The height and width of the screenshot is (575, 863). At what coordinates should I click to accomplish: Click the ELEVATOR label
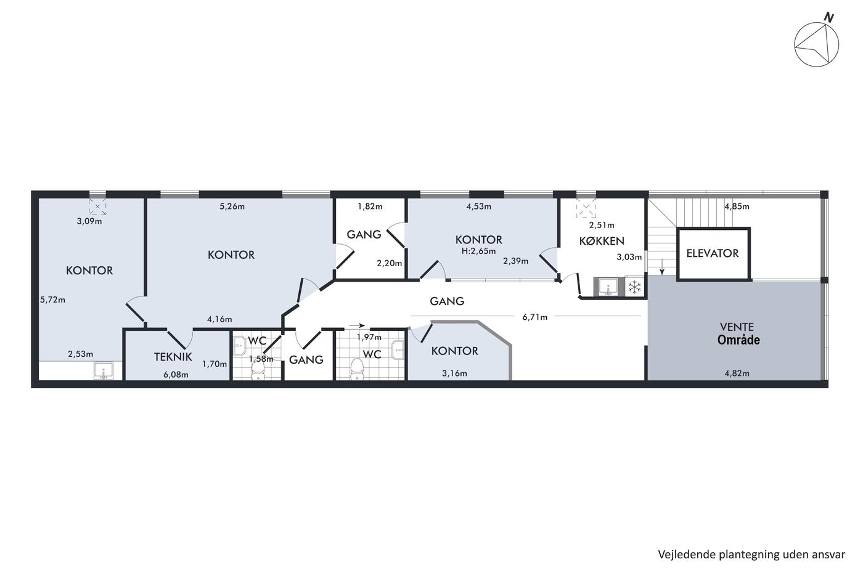pyautogui.click(x=713, y=253)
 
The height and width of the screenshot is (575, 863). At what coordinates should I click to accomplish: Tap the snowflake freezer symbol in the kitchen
pyautogui.click(x=634, y=287)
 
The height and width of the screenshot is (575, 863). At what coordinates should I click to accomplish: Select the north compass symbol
pyautogui.click(x=816, y=44)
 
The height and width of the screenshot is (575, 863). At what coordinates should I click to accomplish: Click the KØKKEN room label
pyautogui.click(x=602, y=241)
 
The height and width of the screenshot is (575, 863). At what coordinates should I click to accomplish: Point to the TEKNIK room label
pyautogui.click(x=173, y=357)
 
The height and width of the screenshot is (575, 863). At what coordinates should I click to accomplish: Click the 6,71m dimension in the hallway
pyautogui.click(x=535, y=317)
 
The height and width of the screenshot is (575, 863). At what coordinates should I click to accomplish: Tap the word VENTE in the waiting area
pyautogui.click(x=737, y=327)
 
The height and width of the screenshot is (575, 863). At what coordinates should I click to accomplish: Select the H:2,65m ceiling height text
pyautogui.click(x=478, y=251)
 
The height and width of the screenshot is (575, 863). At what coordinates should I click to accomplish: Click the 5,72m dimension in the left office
pyautogui.click(x=53, y=300)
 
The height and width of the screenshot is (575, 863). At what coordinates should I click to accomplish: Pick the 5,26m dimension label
pyautogui.click(x=232, y=206)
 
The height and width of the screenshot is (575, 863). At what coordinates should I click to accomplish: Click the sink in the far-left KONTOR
pyautogui.click(x=104, y=371)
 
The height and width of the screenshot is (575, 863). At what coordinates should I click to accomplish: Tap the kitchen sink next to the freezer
pyautogui.click(x=608, y=287)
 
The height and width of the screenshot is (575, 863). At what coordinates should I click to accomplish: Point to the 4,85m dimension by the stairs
pyautogui.click(x=737, y=206)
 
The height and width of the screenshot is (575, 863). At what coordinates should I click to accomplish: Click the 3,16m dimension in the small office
pyautogui.click(x=455, y=373)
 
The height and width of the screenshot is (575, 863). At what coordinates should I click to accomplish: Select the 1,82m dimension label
pyautogui.click(x=370, y=206)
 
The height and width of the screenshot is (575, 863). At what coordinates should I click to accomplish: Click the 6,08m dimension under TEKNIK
pyautogui.click(x=176, y=375)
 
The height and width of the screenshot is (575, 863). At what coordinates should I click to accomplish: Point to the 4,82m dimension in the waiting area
pyautogui.click(x=737, y=373)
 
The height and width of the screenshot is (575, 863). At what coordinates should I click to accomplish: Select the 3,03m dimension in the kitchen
pyautogui.click(x=629, y=257)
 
